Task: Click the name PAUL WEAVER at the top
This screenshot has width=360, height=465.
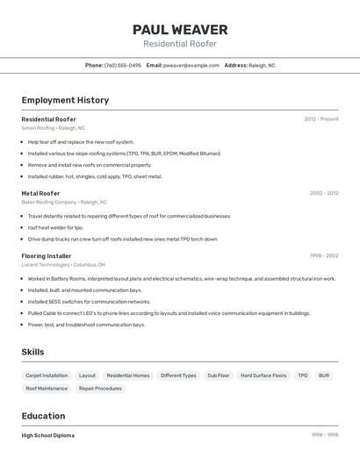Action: pyautogui.click(x=180, y=29)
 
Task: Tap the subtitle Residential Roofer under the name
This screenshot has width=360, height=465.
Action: pyautogui.click(x=180, y=44)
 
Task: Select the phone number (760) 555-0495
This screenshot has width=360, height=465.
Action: pyautogui.click(x=122, y=65)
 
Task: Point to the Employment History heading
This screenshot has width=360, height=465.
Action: pyautogui.click(x=65, y=100)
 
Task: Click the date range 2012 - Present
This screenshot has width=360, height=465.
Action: pyautogui.click(x=321, y=118)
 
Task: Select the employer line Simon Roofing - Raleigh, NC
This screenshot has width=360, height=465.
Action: pyautogui.click(x=54, y=128)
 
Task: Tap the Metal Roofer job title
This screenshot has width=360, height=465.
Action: pyautogui.click(x=41, y=193)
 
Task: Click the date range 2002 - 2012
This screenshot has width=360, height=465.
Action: pyautogui.click(x=324, y=193)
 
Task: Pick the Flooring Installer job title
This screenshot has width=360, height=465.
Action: pyautogui.click(x=47, y=256)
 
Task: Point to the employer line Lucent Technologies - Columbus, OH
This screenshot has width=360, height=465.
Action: pyautogui.click(x=63, y=265)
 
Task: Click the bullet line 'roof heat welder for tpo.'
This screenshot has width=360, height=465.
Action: pyautogui.click(x=55, y=227)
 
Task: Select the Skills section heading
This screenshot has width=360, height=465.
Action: pyautogui.click(x=33, y=352)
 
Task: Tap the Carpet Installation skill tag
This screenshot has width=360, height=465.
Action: pyautogui.click(x=47, y=376)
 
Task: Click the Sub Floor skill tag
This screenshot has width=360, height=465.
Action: pyautogui.click(x=219, y=376)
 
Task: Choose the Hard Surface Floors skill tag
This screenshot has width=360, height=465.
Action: pyautogui.click(x=263, y=376)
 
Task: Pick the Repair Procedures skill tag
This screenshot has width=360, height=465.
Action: pyautogui.click(x=100, y=388)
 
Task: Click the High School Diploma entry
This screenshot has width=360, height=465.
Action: pyautogui.click(x=48, y=435)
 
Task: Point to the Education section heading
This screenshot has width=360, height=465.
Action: pyautogui.click(x=44, y=416)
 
